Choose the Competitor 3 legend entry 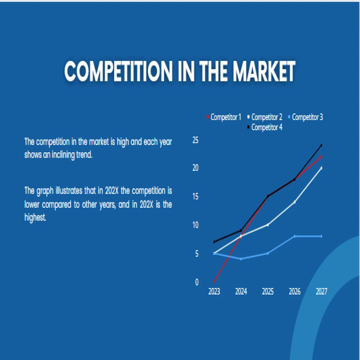307,117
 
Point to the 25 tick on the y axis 195,140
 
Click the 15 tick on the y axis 195,197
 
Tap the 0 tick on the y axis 197,282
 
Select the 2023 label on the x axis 214,292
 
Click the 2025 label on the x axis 268,292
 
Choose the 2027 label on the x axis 321,292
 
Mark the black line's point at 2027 321,145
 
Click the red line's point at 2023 214,282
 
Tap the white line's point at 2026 294,202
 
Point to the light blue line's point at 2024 241,259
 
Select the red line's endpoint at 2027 321,157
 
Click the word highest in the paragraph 35,218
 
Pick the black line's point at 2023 214,242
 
